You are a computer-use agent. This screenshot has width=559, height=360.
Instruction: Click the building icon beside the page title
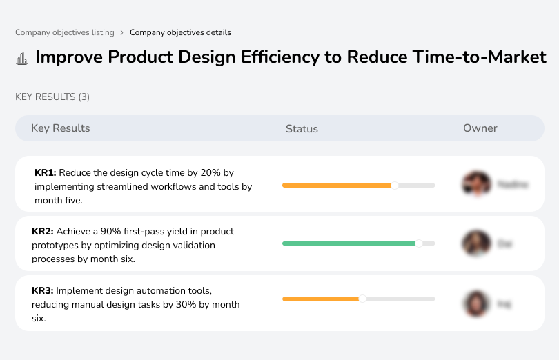pos(22,58)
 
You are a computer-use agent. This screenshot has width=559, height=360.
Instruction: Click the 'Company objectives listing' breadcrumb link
pos(64,32)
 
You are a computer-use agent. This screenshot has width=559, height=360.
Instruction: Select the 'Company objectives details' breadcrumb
pos(180,32)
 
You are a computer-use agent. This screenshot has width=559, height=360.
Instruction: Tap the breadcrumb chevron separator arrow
pos(121,32)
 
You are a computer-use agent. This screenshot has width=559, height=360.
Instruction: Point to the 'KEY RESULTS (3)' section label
pos(52,97)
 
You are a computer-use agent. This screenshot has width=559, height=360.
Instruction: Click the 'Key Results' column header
pos(60,128)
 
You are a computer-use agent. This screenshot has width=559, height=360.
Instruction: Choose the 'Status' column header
pos(302,129)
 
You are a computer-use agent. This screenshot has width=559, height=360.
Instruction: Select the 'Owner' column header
pos(480,128)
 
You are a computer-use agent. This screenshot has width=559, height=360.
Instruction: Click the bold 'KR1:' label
pos(45,173)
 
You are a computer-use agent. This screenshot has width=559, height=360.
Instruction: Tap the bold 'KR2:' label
pos(43,232)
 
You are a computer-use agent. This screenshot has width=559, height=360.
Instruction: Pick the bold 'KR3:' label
pos(43,291)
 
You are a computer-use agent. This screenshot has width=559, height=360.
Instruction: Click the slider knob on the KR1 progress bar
pos(395,185)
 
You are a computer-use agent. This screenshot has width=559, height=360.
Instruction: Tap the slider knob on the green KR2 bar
pos(418,243)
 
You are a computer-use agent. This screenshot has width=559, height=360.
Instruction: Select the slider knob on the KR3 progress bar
pos(362,299)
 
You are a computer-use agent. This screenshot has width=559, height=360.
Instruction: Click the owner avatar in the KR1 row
pos(475,184)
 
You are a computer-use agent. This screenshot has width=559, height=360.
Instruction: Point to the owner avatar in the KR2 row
pos(475,243)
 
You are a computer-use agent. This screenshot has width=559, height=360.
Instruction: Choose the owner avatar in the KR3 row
pos(475,303)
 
